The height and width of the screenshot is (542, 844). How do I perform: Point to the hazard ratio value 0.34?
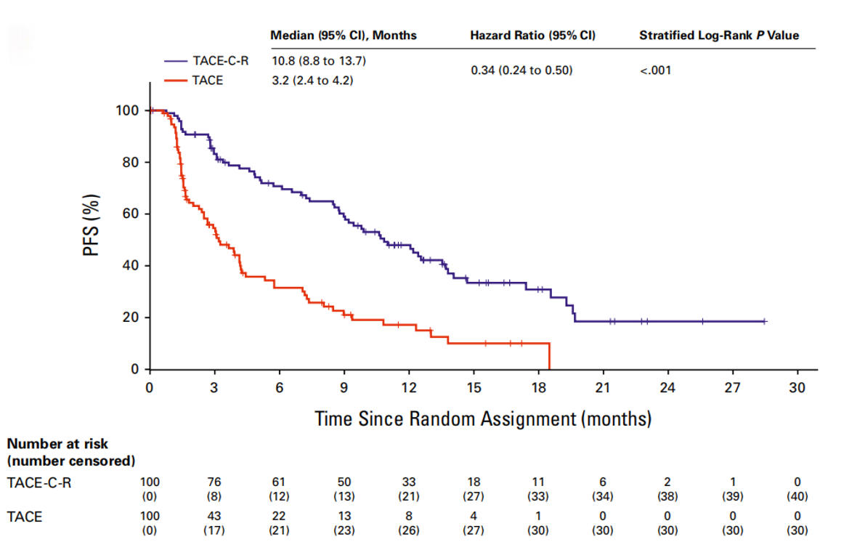coord(521,70)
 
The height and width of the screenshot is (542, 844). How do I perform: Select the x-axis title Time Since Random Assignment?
coord(483,419)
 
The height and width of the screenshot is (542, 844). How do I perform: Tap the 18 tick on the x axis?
coord(538,388)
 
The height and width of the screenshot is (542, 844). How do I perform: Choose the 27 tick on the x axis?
coord(733,388)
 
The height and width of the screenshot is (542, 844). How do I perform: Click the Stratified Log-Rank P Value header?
coord(719,36)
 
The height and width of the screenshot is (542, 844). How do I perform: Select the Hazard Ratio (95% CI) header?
coord(532,36)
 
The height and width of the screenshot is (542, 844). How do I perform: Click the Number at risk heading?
coord(57,443)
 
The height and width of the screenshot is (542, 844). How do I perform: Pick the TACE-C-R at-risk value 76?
coord(214,482)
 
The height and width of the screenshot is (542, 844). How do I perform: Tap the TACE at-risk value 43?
coord(214,517)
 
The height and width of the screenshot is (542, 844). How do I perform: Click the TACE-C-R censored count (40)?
coord(797,497)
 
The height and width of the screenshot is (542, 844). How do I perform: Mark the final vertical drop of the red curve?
coord(549,356)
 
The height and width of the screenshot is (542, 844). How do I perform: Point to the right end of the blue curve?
coord(765,321)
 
